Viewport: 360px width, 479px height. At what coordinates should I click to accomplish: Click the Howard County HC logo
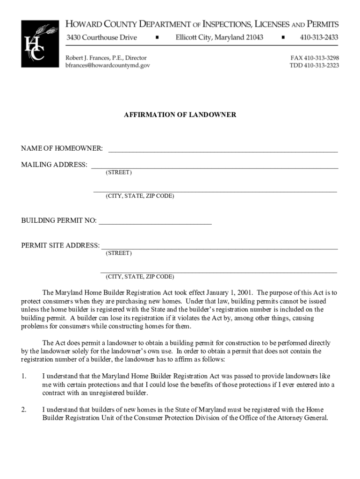[x=40, y=44]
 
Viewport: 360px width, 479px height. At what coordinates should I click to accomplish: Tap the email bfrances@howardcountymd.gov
[x=108, y=65]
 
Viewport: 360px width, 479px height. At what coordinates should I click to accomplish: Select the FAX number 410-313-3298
[x=315, y=58]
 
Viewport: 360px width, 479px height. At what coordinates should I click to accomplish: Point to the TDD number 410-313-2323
[x=314, y=65]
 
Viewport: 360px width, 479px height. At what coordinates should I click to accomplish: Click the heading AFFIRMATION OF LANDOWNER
[x=180, y=115]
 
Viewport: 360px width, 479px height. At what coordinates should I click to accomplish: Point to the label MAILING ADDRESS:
[x=54, y=165]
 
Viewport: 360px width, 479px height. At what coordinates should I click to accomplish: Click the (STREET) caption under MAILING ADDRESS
[x=118, y=173]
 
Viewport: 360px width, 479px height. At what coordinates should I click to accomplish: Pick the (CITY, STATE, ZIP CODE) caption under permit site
[x=140, y=276]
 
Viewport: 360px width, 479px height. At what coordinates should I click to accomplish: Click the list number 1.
[x=23, y=376]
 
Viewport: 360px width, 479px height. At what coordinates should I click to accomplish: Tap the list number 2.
[x=23, y=410]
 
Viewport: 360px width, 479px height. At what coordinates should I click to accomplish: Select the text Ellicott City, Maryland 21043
[x=219, y=37]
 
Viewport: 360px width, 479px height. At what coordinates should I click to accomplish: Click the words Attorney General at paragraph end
[x=304, y=418]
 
